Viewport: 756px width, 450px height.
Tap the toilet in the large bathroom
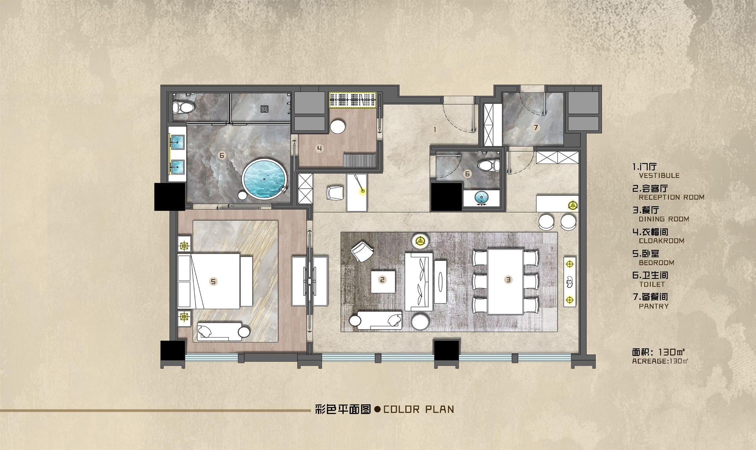183,107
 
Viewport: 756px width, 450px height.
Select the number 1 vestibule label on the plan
435,130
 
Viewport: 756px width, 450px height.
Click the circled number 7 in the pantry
535,128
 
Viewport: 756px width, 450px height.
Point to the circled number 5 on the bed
213,281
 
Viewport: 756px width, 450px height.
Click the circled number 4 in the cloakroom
319,148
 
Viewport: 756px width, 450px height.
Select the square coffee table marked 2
383,281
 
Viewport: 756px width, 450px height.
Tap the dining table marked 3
506,281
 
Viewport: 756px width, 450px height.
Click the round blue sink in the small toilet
481,197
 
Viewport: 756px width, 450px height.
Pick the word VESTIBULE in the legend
659,176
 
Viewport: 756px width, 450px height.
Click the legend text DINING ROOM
664,219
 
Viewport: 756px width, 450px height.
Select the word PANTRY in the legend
654,306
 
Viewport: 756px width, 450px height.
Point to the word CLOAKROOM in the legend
661,241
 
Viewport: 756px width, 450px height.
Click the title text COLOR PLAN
419,409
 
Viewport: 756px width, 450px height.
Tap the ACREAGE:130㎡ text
660,361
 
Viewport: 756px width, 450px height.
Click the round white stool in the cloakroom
337,127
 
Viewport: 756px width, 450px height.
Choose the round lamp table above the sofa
420,241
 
